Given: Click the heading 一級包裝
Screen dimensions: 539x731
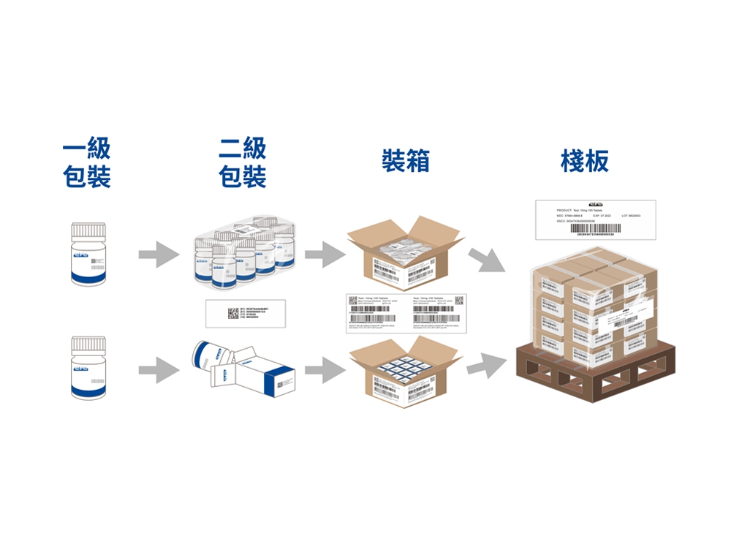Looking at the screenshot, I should pos(87,163).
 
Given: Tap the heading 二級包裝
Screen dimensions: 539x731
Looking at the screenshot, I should pos(243,163).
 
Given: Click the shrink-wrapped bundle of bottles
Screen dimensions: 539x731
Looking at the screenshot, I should pos(245,253).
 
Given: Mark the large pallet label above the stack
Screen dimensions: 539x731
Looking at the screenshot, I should pos(595,219).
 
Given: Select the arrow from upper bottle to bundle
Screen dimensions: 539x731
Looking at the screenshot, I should pos(159,255).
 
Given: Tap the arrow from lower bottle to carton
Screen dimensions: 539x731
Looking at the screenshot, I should pos(159,370).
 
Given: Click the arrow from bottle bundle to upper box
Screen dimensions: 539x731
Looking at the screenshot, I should pos(325,255).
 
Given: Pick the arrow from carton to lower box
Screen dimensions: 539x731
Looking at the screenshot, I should pos(325,370).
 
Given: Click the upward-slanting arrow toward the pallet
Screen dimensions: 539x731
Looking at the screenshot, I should pos(486,363).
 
